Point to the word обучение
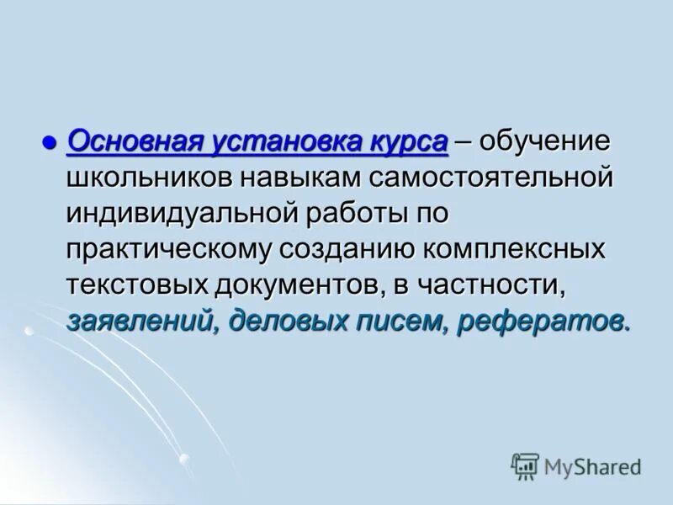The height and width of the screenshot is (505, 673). (533, 141)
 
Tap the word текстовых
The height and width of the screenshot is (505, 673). (137, 284)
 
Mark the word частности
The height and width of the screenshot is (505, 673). (495, 284)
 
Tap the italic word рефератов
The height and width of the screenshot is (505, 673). (541, 321)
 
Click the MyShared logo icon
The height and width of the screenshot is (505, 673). (525, 465)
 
